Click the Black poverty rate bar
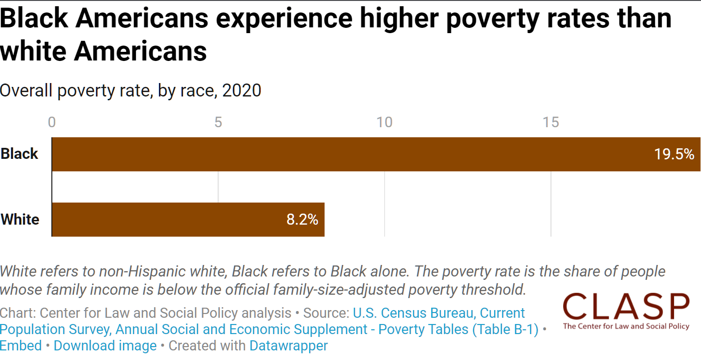tap(376, 154)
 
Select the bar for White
tap(188, 219)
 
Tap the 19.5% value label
tap(674, 154)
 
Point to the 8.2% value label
tap(302, 219)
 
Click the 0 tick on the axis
tap(52, 122)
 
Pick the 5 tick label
tap(218, 122)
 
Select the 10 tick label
tap(384, 122)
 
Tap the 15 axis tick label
tap(551, 122)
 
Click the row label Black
tap(19, 154)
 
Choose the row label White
tap(20, 219)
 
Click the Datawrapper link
tap(289, 346)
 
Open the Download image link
tap(105, 346)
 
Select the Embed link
tap(21, 346)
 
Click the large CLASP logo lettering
tap(626, 306)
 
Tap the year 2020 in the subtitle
tap(242, 91)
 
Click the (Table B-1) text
tap(506, 329)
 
